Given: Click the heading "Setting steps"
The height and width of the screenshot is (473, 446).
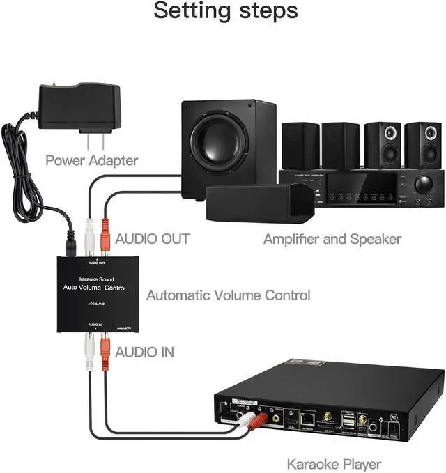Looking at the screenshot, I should [225, 12].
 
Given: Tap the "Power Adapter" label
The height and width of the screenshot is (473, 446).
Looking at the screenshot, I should [91, 160].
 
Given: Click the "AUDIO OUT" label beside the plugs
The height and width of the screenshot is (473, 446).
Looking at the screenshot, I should [153, 239].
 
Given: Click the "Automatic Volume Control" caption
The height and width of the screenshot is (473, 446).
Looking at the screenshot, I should [228, 295].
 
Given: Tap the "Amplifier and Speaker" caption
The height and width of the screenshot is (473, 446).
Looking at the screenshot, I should [332, 239].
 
